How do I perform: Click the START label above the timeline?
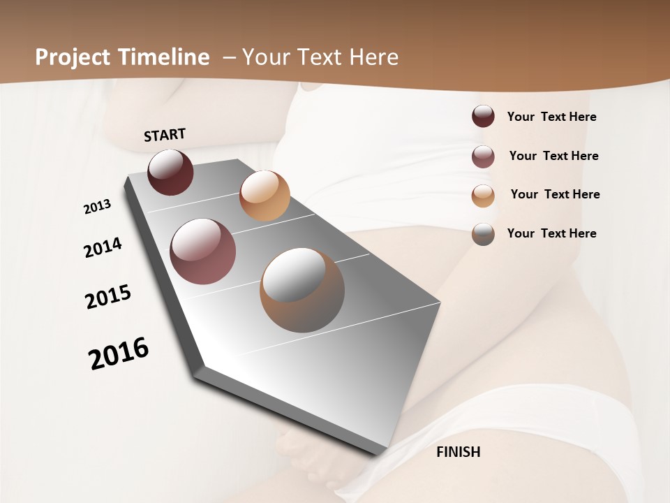tap(165, 135)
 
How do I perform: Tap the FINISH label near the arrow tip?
tap(458, 452)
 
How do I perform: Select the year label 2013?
tap(97, 207)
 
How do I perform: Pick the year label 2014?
tap(103, 247)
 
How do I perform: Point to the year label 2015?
tap(108, 297)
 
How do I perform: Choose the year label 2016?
tap(119, 353)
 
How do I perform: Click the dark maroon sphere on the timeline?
tap(170, 172)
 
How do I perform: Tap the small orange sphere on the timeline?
tap(265, 196)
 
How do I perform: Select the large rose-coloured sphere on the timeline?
tap(203, 251)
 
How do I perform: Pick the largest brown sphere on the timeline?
tap(302, 290)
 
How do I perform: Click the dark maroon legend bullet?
tap(483, 116)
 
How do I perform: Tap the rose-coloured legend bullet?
tap(483, 156)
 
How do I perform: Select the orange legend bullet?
tap(483, 196)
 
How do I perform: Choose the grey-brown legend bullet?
tap(483, 234)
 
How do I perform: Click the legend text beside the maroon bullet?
tap(551, 117)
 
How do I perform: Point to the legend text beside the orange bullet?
tap(555, 194)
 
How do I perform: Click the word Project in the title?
tap(72, 57)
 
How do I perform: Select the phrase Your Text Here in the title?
tap(320, 57)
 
